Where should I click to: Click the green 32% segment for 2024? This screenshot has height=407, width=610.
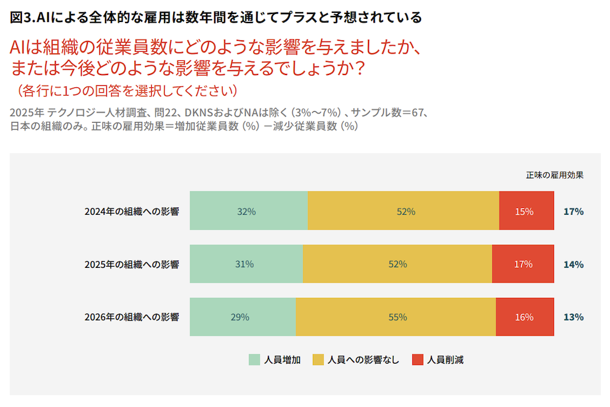pos(248,211)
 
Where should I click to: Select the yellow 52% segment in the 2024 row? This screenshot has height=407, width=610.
pos(403,211)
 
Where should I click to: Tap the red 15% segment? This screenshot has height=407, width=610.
pos(526,211)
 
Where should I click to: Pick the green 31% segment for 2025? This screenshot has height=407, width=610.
pos(246,264)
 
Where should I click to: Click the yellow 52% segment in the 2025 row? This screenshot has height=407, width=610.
pos(397,264)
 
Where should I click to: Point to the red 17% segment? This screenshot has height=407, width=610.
pos(523,264)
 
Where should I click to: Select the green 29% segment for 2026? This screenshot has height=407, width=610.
pos(243,317)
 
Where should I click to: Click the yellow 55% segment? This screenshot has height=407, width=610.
pos(396,317)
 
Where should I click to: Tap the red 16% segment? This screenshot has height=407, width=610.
pos(525,317)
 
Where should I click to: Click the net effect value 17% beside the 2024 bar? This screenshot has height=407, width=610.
pos(573,211)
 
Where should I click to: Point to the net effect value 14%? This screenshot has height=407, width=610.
pos(573,264)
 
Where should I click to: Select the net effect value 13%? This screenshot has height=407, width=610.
pos(573,317)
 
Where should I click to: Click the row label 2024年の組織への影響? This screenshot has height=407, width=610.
pos(132,211)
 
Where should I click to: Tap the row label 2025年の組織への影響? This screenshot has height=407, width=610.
pos(132,264)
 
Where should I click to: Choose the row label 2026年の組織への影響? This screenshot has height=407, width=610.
pos(132,317)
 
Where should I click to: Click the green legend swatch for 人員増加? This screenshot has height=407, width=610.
pos(254,359)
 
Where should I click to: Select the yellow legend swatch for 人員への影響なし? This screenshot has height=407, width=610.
pos(318,359)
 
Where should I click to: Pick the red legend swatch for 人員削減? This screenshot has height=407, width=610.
pos(417,359)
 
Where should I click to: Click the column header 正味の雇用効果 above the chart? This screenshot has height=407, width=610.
pos(554,175)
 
